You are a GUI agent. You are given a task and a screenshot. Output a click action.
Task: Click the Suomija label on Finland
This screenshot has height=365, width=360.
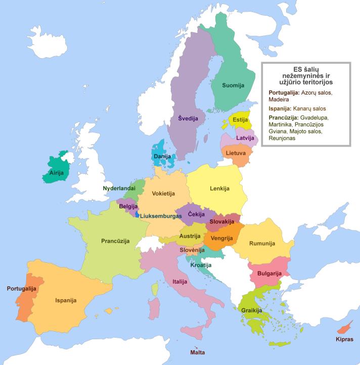point(233,85)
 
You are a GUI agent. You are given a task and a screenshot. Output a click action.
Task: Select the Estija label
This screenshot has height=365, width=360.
point(240,120)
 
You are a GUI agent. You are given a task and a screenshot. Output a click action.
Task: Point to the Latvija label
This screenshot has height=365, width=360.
point(245,138)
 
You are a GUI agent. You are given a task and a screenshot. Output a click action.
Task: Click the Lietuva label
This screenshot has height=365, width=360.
point(236,152)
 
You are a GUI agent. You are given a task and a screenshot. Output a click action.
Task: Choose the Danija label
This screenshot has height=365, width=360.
point(162,157)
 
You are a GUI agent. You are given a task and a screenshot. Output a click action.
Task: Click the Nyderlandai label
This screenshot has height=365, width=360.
point(119,188)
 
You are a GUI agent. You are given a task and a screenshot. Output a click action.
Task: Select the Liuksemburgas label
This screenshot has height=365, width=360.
point(160,216)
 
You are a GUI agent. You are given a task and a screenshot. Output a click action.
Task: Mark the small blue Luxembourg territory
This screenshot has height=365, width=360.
point(137,215)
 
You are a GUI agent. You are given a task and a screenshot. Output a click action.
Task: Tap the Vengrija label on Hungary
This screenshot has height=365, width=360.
point(221,238)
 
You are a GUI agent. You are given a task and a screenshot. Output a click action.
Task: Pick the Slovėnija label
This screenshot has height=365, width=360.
point(192,250)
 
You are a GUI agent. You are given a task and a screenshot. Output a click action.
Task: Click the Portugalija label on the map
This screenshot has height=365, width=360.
point(21,289)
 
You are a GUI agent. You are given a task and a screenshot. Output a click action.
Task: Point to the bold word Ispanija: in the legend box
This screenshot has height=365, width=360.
point(279,108)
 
